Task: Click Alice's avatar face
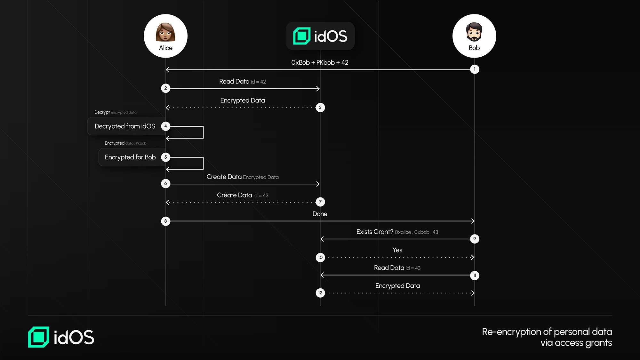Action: (165, 32)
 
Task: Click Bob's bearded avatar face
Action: (474, 32)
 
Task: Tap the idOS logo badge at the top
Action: (320, 36)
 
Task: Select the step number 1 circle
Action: (475, 69)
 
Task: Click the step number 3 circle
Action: (320, 108)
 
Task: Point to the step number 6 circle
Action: (165, 183)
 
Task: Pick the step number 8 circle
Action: (165, 221)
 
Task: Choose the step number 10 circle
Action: (320, 257)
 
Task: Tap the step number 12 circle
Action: (320, 293)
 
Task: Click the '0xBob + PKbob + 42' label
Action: (320, 62)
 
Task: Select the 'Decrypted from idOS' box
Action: (125, 126)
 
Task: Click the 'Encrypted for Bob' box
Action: (130, 157)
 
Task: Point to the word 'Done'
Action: (320, 214)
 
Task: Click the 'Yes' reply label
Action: (397, 250)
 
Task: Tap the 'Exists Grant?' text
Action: (375, 232)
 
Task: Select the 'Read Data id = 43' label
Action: (397, 268)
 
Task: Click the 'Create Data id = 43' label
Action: (243, 195)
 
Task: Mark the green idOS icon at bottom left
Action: (39, 337)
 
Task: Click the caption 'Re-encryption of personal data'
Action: (547, 332)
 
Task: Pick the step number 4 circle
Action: (165, 126)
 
